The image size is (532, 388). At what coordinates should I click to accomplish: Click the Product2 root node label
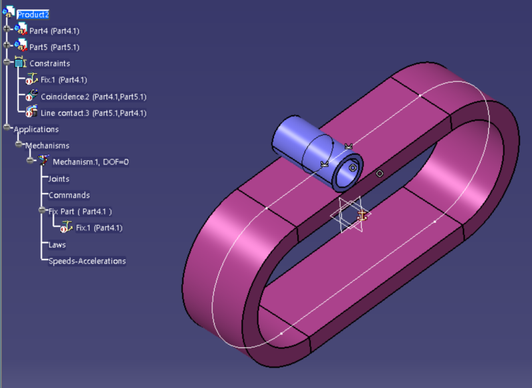tap(33, 14)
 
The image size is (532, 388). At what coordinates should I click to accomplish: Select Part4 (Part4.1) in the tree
tap(55, 31)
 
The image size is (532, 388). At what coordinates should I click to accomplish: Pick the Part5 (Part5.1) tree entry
tap(55, 47)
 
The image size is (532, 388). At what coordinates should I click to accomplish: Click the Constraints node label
tap(50, 63)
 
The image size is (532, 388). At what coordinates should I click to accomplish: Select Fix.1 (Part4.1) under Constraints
tap(64, 80)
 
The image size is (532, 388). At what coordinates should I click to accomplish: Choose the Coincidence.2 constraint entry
tap(93, 97)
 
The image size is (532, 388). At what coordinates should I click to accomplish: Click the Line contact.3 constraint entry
tap(93, 113)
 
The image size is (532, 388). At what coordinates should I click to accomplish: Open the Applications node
tap(37, 129)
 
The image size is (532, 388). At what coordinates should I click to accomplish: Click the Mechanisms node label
tap(47, 146)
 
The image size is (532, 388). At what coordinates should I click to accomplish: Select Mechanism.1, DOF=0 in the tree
tap(90, 162)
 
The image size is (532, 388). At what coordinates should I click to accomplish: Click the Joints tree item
tap(59, 178)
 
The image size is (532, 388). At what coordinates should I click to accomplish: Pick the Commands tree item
tap(69, 195)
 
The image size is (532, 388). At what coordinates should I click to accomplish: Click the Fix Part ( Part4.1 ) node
tap(80, 211)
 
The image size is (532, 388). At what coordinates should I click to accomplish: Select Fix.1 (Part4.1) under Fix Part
tap(99, 228)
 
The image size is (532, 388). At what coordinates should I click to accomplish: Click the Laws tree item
tap(57, 244)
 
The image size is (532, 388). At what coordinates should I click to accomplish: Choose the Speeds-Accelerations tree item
tap(87, 261)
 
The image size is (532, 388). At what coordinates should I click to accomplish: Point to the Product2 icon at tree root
tap(9, 13)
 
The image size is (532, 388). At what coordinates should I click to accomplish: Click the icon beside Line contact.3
tap(31, 112)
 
